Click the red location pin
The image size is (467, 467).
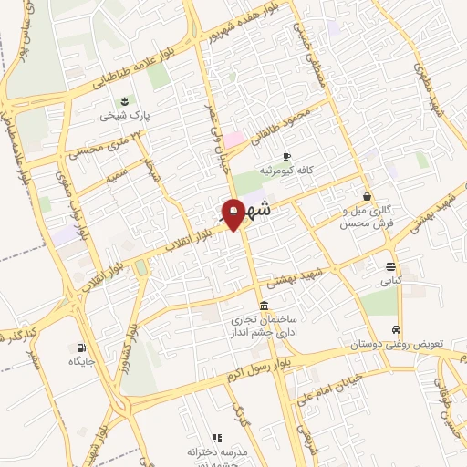click(233, 213)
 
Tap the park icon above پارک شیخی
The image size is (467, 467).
click(124, 100)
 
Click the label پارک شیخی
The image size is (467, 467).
click(125, 117)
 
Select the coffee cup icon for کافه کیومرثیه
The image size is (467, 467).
click(286, 156)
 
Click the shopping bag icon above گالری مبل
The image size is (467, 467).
click(367, 196)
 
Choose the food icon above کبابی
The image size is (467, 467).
click(391, 267)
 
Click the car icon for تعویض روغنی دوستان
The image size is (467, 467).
click(397, 329)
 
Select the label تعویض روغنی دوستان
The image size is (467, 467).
click(398, 346)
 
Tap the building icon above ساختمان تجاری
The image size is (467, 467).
click(264, 305)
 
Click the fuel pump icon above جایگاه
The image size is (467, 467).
click(82, 347)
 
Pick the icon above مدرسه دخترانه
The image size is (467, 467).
click(217, 439)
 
